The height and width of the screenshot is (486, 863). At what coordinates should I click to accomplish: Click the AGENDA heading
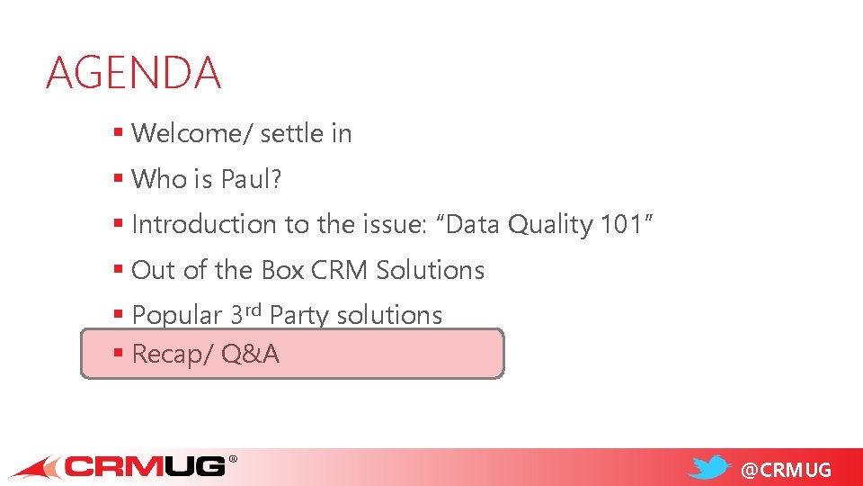[133, 73]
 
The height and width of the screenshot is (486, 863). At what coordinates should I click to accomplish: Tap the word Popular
[176, 316]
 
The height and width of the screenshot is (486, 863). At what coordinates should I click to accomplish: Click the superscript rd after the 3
[254, 310]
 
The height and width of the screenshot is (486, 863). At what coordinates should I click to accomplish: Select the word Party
[299, 316]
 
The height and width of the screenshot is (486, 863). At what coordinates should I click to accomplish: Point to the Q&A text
[250, 355]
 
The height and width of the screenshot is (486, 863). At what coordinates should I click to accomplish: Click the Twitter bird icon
[710, 467]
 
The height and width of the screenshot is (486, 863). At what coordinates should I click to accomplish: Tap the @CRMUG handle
[785, 470]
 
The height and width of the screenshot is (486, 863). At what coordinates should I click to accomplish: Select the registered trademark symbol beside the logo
[233, 459]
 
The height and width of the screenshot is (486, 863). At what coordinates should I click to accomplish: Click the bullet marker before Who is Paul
[118, 178]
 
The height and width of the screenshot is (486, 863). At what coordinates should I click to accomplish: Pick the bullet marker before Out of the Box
[118, 269]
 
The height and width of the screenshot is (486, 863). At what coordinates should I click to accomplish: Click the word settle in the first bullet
[289, 133]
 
